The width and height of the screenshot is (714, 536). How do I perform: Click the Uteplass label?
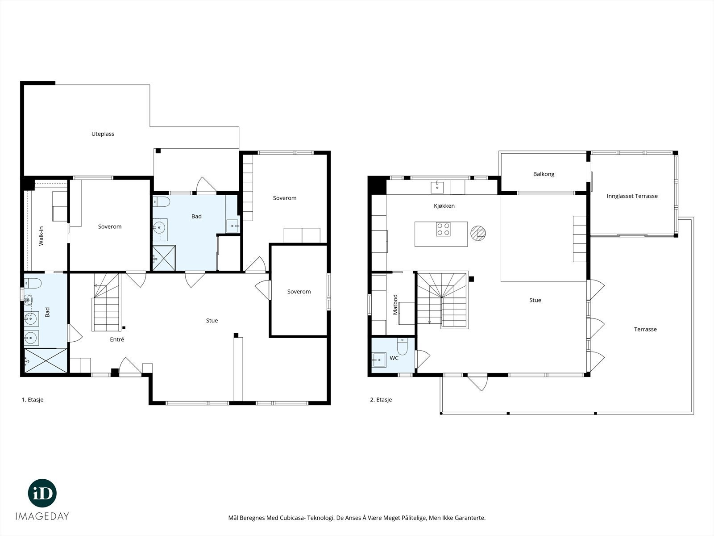click(103, 134)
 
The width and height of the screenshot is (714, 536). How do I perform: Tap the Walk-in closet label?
click(41, 236)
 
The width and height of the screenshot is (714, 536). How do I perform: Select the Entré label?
click(117, 339)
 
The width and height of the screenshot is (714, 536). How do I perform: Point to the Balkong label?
click(544, 174)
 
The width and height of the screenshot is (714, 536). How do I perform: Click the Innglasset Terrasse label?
click(632, 196)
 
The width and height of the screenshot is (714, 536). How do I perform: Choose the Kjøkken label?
click(444, 205)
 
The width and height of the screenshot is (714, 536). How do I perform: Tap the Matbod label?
click(395, 305)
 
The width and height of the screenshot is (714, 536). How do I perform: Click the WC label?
click(394, 358)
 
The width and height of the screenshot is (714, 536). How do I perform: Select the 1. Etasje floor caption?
click(33, 400)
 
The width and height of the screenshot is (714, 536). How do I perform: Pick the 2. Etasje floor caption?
click(381, 400)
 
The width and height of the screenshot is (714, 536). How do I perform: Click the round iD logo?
click(42, 493)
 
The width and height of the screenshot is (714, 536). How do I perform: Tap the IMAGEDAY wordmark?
click(42, 516)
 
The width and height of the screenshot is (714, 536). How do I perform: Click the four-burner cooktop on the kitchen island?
click(444, 229)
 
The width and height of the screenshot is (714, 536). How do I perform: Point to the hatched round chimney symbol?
click(478, 233)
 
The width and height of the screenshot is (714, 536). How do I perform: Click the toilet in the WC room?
click(403, 346)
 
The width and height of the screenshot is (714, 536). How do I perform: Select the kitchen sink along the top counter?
click(437, 187)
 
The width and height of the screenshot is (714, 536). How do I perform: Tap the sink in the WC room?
click(379, 360)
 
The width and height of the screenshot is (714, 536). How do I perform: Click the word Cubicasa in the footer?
click(291, 518)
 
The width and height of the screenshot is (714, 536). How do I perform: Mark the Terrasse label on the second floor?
click(645, 329)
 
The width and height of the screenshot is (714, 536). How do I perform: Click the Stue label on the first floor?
click(212, 321)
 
